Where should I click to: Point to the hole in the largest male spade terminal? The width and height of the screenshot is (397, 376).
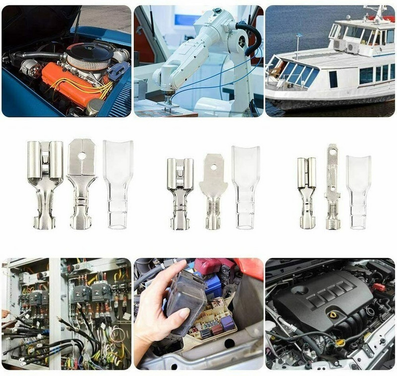click(x=82, y=156)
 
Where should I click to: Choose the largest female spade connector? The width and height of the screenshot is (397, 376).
click(x=45, y=184)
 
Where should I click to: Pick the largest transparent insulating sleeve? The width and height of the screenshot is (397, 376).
click(x=118, y=184)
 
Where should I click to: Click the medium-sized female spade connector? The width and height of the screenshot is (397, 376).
click(x=180, y=191)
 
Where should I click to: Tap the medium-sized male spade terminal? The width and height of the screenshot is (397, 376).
click(x=212, y=191)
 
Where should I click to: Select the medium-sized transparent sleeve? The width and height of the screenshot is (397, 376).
click(x=245, y=186)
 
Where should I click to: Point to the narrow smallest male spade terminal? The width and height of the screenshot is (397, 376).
click(x=332, y=186)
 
